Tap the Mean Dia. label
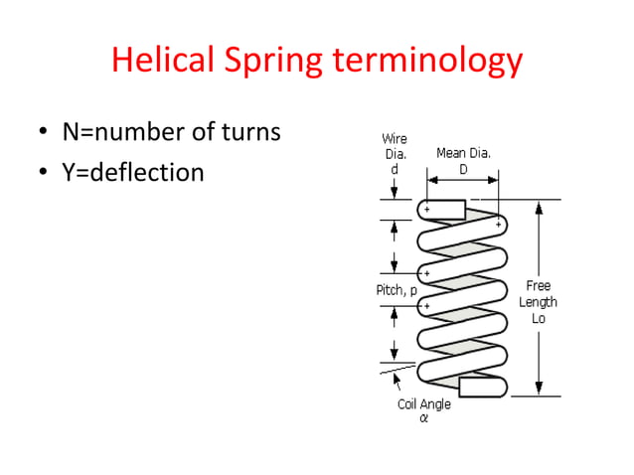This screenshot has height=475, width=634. (x=464, y=153)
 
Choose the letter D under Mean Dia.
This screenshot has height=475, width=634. (x=464, y=169)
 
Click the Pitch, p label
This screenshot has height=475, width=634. (x=396, y=290)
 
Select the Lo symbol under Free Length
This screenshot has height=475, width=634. (x=538, y=318)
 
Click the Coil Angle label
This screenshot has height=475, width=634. (x=423, y=404)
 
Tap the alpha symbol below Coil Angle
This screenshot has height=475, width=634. (x=423, y=418)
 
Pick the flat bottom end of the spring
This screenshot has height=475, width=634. (x=483, y=386)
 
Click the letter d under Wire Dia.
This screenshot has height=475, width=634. (x=395, y=170)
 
